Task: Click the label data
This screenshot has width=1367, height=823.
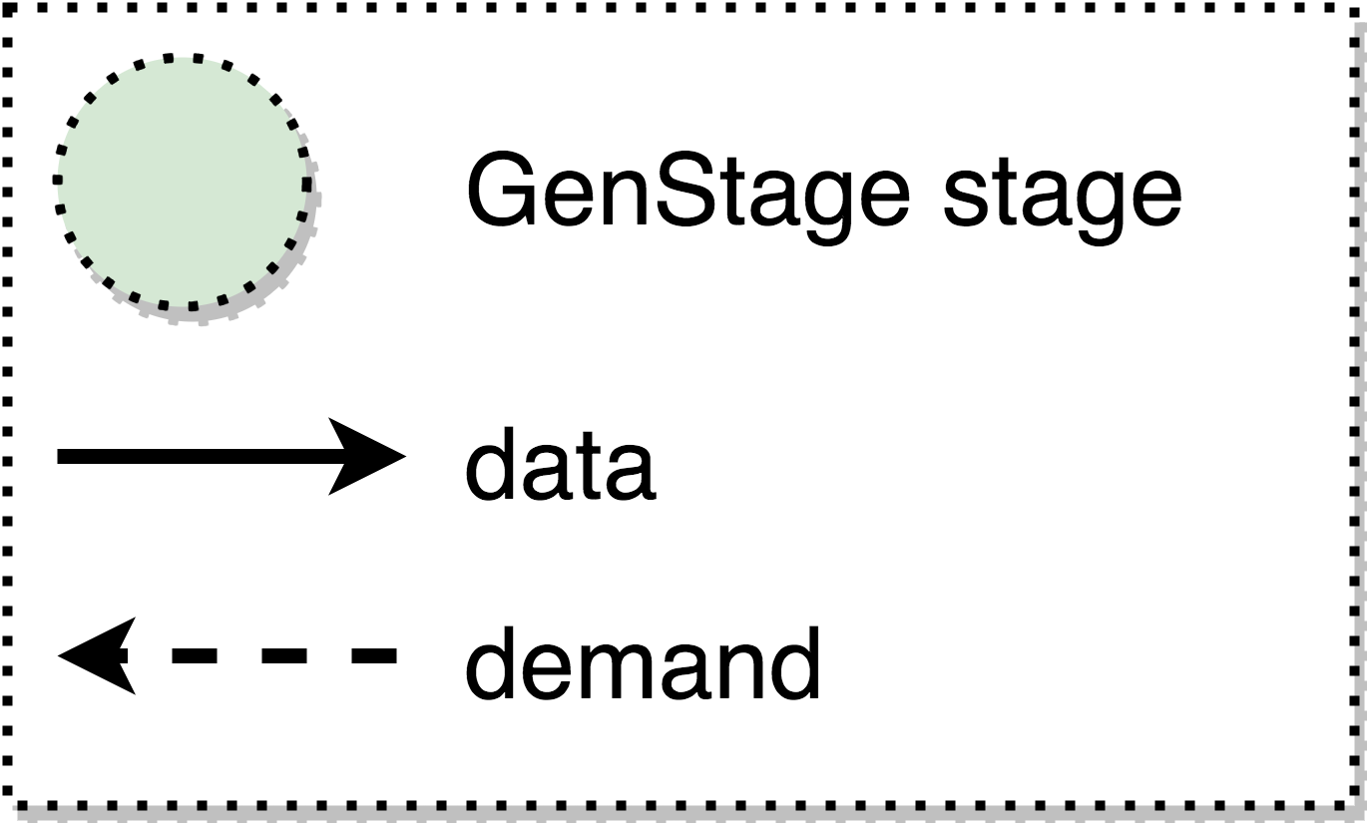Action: [x=560, y=464]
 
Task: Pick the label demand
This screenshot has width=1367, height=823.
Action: [x=643, y=663]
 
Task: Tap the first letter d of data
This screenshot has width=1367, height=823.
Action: [x=494, y=464]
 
